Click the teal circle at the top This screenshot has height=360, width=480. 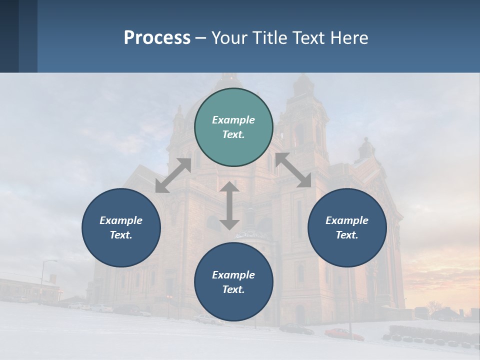[x=233, y=127]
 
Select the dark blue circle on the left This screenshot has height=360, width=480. [x=121, y=227]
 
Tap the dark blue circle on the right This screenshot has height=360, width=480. [x=347, y=227]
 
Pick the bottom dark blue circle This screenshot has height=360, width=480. [x=233, y=282]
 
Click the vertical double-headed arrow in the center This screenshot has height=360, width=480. [x=229, y=205]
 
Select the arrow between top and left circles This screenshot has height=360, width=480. [x=173, y=175]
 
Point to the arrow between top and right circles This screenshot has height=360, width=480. [x=293, y=170]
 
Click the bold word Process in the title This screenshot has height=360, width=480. [x=157, y=37]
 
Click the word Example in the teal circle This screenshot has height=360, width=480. [x=233, y=120]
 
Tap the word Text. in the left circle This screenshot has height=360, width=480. [x=121, y=235]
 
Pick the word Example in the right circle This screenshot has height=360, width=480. [x=347, y=220]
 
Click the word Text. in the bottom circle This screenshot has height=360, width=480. [x=233, y=289]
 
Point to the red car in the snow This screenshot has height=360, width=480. [x=344, y=334]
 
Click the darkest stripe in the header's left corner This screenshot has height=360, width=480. [x=9, y=36]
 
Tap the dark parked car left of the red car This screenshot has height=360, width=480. [x=296, y=328]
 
